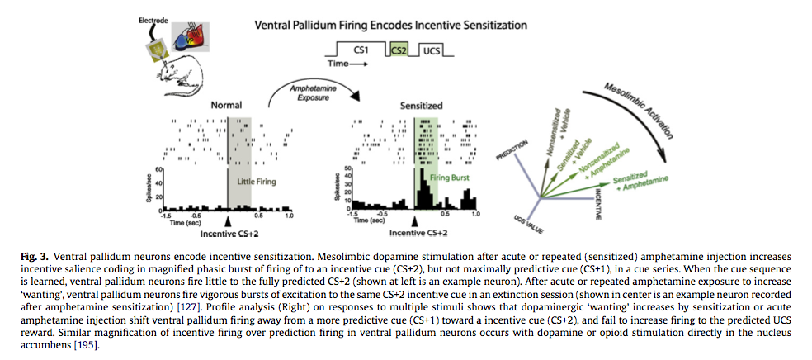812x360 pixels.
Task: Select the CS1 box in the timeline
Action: (361, 50)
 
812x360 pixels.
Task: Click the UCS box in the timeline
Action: (432, 50)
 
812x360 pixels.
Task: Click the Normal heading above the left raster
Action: (226, 106)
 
